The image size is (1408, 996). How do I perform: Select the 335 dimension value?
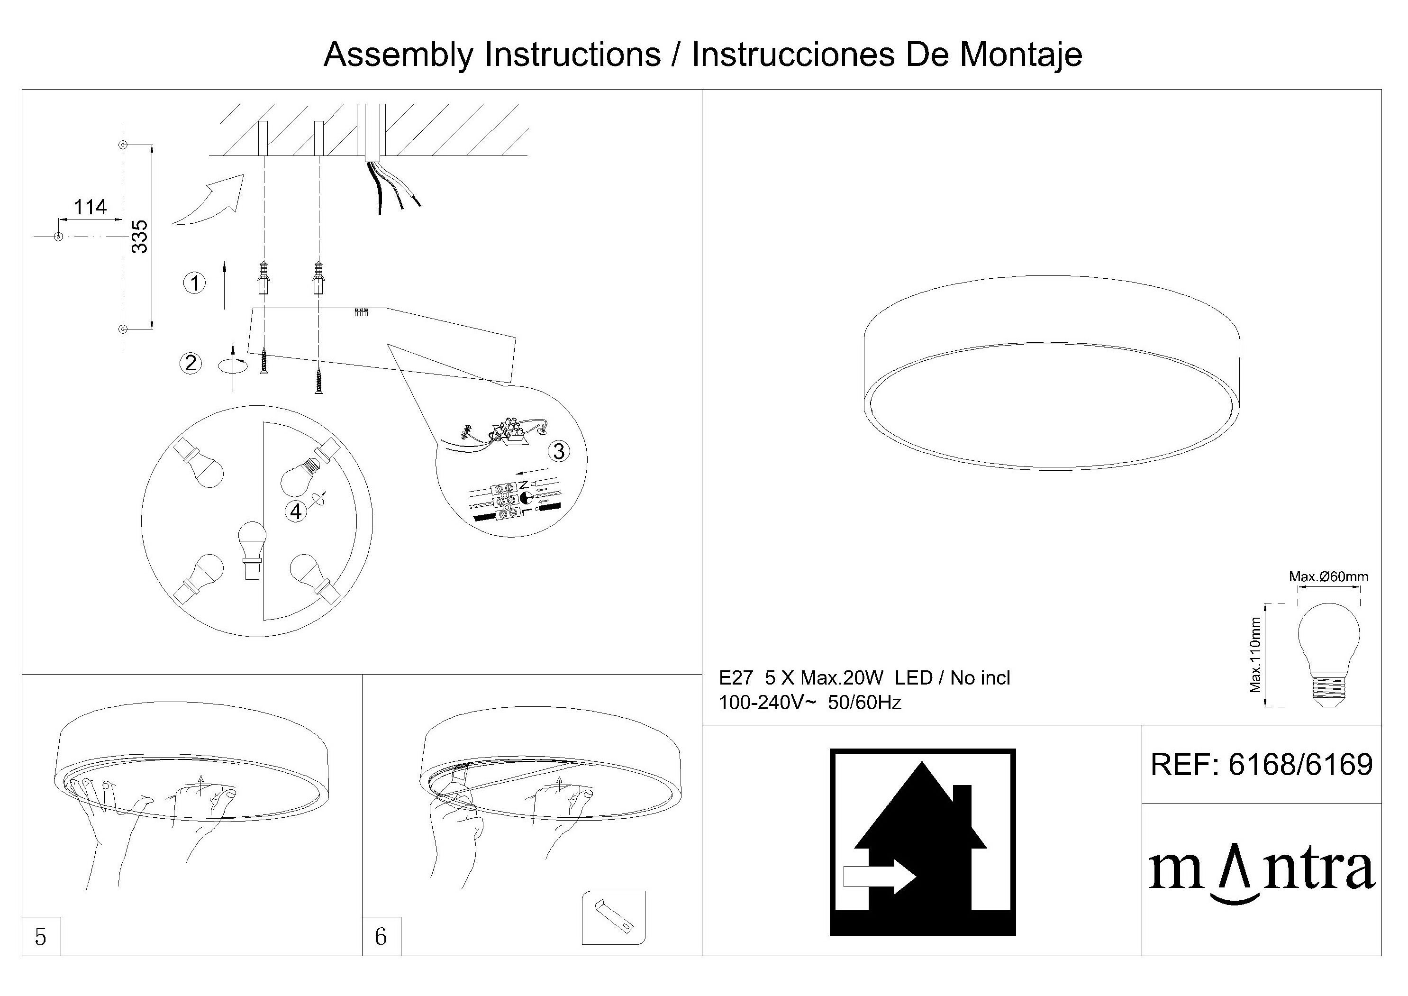pos(140,237)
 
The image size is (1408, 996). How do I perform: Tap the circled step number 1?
pos(195,283)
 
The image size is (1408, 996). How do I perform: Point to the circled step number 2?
pos(191,363)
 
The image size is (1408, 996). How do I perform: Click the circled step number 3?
pos(559,451)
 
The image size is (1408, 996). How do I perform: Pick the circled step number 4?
pos(296,511)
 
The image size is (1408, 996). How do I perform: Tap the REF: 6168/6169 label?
pos(1262,765)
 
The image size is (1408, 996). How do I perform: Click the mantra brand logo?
pos(1262,874)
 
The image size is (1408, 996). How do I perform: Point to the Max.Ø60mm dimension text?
pos(1328,576)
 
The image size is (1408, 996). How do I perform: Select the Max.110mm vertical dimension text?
pos(1255,655)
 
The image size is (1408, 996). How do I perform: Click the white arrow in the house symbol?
pos(880,877)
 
